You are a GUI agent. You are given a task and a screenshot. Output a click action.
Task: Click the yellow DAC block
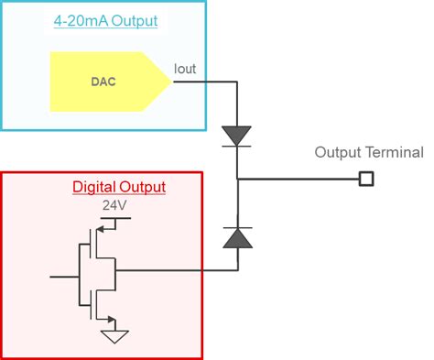(105, 82)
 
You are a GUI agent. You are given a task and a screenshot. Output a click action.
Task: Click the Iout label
(184, 69)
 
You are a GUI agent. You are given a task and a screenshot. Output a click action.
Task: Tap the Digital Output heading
(119, 187)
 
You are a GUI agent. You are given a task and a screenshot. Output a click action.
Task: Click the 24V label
(114, 206)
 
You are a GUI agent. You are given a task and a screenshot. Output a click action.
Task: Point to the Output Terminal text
(369, 152)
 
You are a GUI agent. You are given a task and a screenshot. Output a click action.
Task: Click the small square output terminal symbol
(365, 178)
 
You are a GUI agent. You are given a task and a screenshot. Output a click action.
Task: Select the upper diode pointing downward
(237, 136)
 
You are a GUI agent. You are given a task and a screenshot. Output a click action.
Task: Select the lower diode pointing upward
(237, 238)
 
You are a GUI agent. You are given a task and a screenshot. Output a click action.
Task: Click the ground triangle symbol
(114, 335)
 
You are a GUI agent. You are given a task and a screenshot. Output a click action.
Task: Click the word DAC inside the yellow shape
(103, 82)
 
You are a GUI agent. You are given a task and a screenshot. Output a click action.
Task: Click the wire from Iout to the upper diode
(206, 82)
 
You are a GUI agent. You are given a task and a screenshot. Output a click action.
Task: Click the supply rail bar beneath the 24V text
(115, 219)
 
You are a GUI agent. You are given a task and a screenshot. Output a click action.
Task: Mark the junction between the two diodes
(237, 178)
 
